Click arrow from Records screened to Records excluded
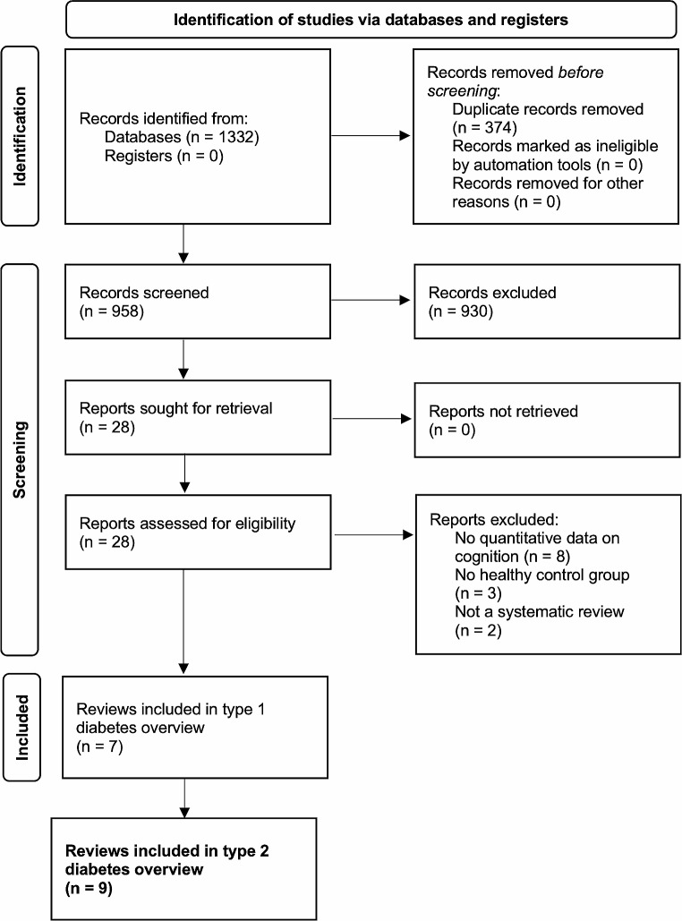click(368, 301)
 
